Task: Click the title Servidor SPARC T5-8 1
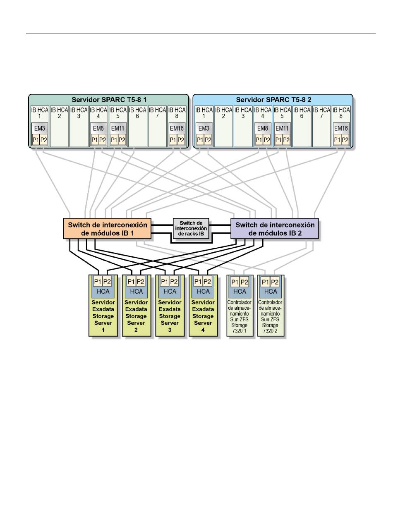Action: click(109, 100)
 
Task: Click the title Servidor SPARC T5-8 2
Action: click(273, 100)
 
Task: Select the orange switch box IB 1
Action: click(107, 228)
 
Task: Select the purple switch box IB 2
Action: click(274, 228)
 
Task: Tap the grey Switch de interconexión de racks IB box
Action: click(191, 228)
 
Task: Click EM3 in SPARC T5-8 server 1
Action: click(40, 128)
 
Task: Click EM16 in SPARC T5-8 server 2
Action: click(341, 128)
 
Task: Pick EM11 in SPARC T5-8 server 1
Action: click(117, 128)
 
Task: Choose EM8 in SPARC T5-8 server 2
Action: click(262, 128)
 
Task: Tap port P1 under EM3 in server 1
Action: click(36, 140)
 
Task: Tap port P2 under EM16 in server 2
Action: click(345, 140)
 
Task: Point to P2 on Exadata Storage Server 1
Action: click(107, 282)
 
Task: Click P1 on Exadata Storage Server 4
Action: click(198, 282)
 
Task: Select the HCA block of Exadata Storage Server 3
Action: click(170, 292)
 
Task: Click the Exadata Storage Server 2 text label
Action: click(136, 316)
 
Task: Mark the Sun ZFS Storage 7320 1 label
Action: click(239, 316)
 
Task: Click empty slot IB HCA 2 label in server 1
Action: click(60, 113)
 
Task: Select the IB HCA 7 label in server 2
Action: click(321, 113)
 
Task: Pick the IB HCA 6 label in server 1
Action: click(137, 113)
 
